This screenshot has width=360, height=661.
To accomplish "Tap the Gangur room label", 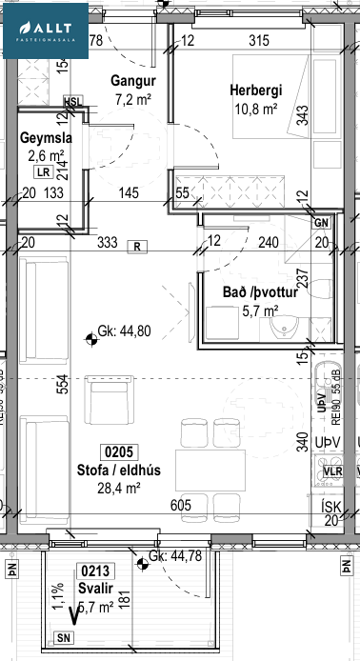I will (131, 81).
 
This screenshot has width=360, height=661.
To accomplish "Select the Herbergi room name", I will (255, 90).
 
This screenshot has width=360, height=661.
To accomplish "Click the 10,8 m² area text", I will (254, 109).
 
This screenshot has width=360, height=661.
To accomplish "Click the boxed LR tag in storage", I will (42, 173).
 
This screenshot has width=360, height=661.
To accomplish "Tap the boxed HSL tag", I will (72, 102).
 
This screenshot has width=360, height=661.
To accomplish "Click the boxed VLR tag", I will (332, 471).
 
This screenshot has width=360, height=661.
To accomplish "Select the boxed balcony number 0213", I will (92, 572).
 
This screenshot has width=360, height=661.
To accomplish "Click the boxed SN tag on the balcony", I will (63, 637).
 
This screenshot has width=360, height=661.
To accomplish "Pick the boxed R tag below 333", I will (138, 246).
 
